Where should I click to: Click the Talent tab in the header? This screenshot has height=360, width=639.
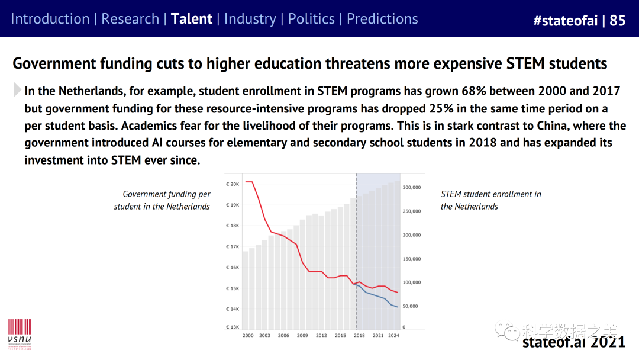191,19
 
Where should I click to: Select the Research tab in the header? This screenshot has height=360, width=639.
130,19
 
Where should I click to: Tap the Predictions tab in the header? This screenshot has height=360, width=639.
382,19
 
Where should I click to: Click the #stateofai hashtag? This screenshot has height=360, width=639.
564,21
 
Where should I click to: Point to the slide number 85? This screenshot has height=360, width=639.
617,21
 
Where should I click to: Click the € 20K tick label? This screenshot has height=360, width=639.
233,184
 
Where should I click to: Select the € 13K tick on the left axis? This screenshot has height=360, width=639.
233,327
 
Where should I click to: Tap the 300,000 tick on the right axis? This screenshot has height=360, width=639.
411,187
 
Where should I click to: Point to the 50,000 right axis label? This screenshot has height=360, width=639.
411,306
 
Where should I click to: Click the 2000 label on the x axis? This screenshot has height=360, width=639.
248,336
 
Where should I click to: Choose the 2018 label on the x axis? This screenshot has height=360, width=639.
359,336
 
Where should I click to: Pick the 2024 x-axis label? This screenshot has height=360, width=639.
394,336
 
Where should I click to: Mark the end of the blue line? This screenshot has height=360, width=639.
398,307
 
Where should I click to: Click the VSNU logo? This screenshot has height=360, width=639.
19,334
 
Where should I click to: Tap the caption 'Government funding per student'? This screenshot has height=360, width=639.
163,200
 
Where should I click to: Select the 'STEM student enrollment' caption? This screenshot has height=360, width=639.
490,200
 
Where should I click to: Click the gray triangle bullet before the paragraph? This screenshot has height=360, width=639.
17,91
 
